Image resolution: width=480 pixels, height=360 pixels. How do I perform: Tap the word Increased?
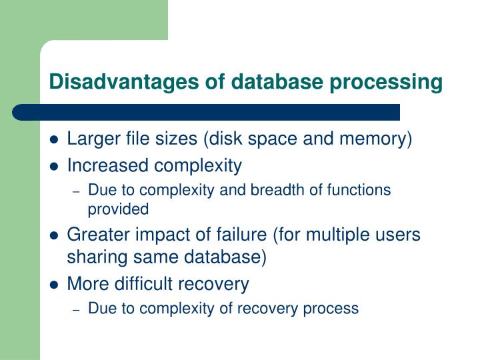[x=109, y=165]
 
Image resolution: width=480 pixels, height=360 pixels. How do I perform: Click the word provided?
[x=118, y=209]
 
